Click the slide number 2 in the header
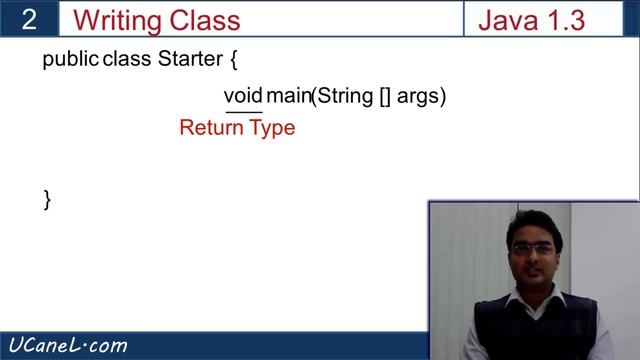[x=31, y=20]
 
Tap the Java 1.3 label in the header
[x=531, y=20]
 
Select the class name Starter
[x=190, y=59]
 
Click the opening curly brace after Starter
[x=233, y=60]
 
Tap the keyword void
[x=243, y=96]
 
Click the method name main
[x=289, y=96]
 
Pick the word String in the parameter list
[x=345, y=96]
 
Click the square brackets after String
[x=385, y=97]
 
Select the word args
[x=421, y=97]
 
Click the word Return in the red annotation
[x=212, y=128]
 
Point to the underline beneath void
[x=243, y=111]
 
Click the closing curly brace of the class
[x=47, y=198]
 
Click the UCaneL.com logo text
[x=66, y=346]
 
